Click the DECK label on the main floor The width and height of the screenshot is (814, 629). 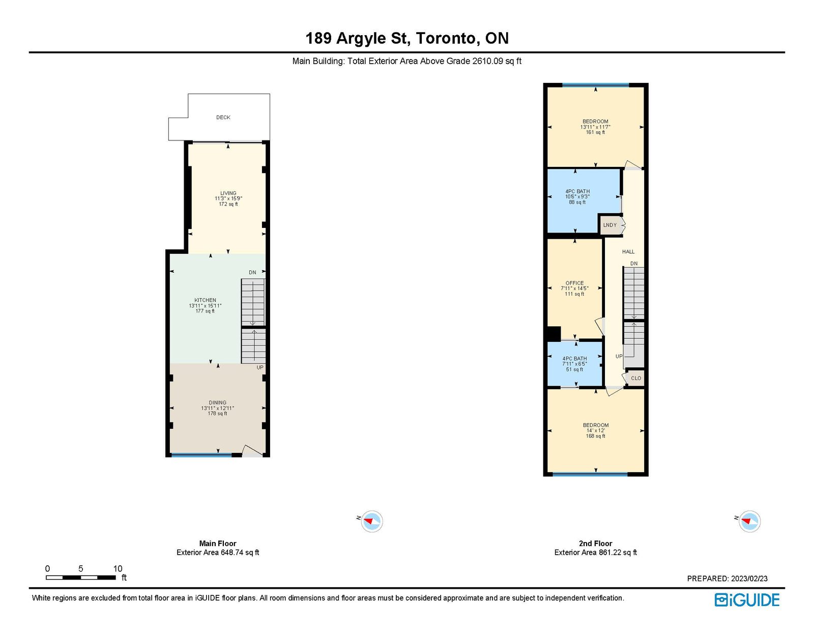(x=223, y=117)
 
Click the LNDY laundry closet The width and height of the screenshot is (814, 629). (x=610, y=225)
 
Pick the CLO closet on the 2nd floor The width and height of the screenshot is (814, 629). (x=635, y=379)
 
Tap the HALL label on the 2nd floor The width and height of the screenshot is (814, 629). (x=628, y=252)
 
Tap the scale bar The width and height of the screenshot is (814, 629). (x=80, y=577)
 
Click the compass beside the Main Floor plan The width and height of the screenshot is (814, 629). (x=371, y=521)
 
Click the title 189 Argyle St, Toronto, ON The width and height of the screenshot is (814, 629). (x=407, y=38)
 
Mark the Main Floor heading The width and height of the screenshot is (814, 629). (x=218, y=543)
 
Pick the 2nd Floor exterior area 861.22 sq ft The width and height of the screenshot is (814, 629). (x=595, y=552)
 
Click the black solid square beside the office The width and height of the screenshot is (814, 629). (x=554, y=333)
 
